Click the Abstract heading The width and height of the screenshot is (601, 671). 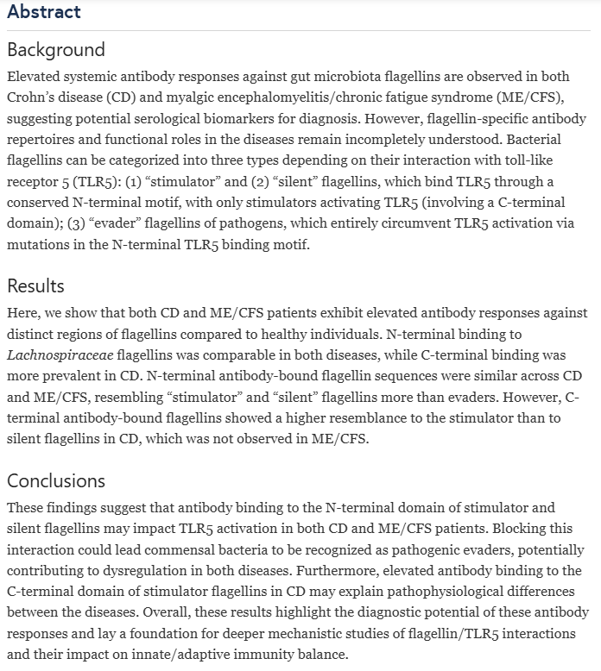point(43,11)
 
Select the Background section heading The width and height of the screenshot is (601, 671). point(56,49)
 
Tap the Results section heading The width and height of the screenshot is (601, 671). point(35,285)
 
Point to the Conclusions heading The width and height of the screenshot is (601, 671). point(56,480)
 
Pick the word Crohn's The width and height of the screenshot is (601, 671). point(35,97)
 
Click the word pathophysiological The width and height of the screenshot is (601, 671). point(427,590)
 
